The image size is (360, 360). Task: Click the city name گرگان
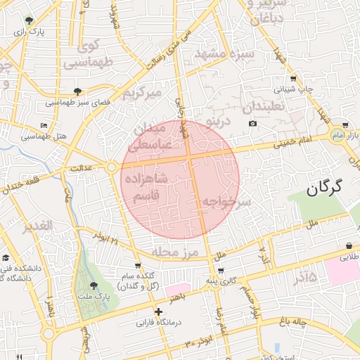324,187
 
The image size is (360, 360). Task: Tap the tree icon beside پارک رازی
28,20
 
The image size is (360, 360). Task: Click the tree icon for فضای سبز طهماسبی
77,91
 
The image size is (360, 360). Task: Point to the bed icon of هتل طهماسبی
44,125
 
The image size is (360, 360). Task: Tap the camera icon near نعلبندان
252,124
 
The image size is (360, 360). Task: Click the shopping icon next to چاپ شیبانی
292,79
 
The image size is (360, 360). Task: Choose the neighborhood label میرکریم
142,93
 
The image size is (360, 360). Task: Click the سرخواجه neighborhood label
227,202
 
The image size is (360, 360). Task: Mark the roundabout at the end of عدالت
111,167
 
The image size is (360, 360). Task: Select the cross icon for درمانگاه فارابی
158,311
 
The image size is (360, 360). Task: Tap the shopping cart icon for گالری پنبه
221,271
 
